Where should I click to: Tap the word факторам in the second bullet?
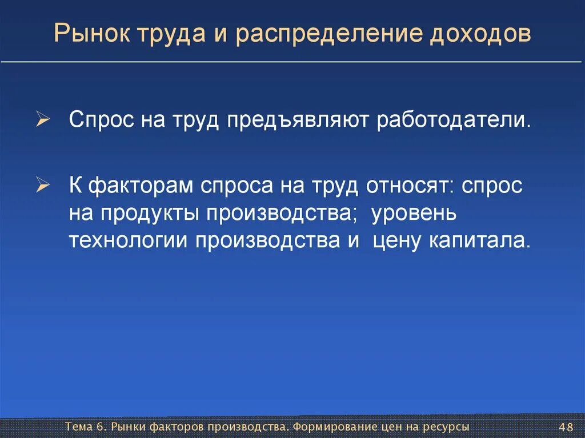tap(142, 186)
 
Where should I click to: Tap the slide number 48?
tap(566, 427)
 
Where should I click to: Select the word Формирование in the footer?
tap(333, 427)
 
